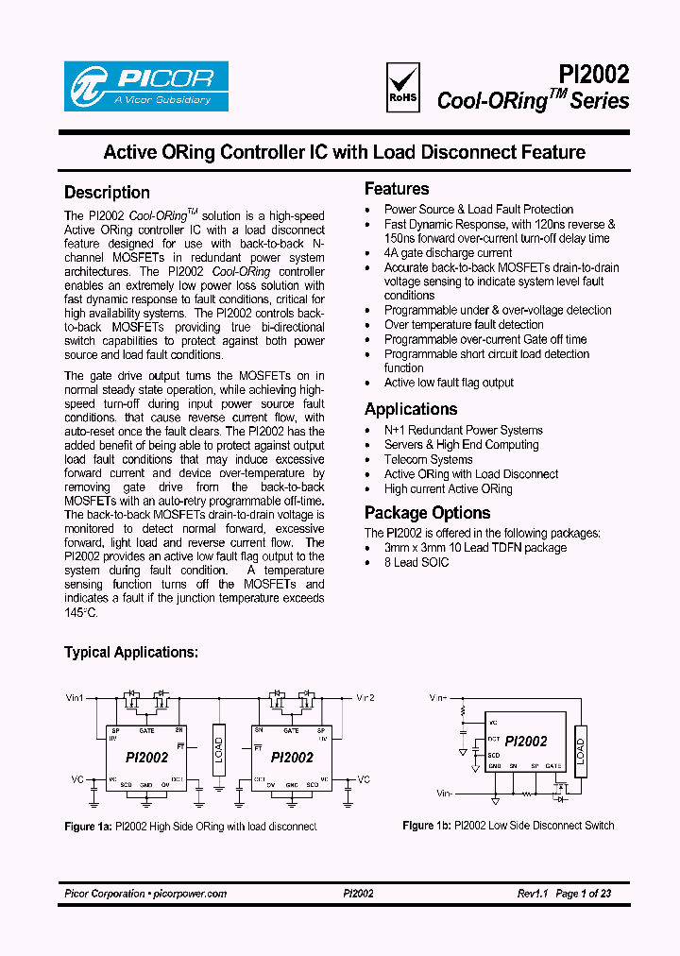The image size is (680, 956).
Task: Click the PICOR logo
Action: (145, 87)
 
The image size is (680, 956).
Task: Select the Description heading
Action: (107, 192)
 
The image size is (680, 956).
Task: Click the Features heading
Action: (397, 189)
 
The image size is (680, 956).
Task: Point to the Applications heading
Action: (411, 409)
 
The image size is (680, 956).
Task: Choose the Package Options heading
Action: (427, 513)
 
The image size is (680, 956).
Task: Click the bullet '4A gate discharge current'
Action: (448, 253)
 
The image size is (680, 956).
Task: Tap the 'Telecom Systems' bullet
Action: (428, 459)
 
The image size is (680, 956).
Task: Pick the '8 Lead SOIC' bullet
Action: (416, 562)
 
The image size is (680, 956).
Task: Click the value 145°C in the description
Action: (80, 612)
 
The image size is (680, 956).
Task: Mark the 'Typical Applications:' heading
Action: (131, 653)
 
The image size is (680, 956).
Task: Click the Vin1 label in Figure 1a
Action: (75, 698)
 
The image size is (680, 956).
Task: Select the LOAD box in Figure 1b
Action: (580, 751)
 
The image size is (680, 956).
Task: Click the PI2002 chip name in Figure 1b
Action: (525, 742)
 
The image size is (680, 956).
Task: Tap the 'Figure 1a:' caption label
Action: (88, 827)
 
